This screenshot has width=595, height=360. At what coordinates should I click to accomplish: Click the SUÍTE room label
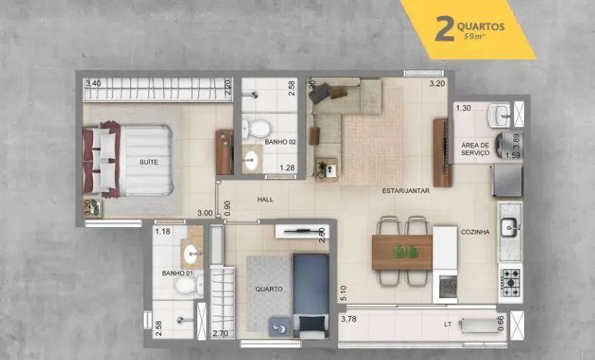pos(148,162)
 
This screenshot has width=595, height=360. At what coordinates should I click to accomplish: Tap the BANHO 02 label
pos(280,142)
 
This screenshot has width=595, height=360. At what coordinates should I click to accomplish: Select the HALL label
pos(265,200)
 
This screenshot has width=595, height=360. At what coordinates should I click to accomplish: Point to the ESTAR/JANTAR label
pos(406,191)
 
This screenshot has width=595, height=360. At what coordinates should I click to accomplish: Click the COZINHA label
pos(475,232)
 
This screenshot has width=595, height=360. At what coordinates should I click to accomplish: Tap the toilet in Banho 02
pos(256,129)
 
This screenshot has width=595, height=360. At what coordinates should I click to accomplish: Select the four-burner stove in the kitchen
pos(510,283)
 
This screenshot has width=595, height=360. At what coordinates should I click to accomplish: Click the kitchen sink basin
pos(509,228)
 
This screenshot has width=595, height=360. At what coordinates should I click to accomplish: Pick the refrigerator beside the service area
pos(507,181)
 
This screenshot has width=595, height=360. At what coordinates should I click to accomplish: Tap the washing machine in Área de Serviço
pos(509,145)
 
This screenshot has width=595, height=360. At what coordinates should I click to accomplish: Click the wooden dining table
pos(402,253)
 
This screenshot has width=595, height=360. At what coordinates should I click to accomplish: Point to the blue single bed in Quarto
pos(311,296)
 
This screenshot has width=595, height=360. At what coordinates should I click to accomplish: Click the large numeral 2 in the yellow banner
pos(445,29)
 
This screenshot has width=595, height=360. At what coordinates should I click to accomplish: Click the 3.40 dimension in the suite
pos(93,83)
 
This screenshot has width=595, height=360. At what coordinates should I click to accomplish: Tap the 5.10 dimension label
pos(343,293)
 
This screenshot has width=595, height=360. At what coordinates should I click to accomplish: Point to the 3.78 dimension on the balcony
pos(349,319)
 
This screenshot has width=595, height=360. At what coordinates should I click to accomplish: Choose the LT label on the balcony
pos(448,324)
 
